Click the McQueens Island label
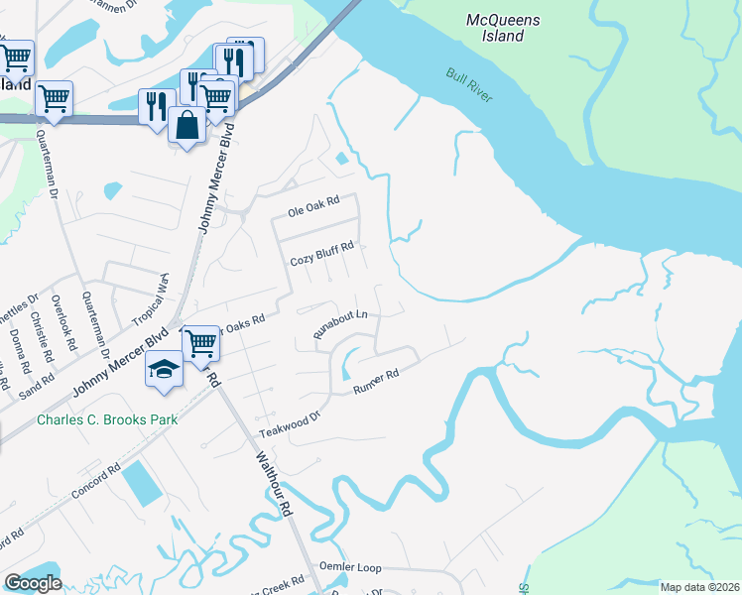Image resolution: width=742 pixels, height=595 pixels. [495, 27]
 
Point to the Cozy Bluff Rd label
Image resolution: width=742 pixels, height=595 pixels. [321, 261]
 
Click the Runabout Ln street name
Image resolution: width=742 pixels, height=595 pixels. [341, 325]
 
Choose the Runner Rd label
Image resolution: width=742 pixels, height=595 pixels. [376, 382]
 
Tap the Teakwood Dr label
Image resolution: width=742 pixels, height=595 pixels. [292, 424]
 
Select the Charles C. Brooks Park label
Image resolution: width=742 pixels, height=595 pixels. [107, 419]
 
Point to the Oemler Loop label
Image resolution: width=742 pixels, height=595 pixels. [349, 568]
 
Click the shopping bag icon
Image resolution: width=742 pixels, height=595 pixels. [186, 125]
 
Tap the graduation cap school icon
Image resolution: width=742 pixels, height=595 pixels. [164, 370]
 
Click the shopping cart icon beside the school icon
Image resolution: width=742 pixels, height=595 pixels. [201, 343]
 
